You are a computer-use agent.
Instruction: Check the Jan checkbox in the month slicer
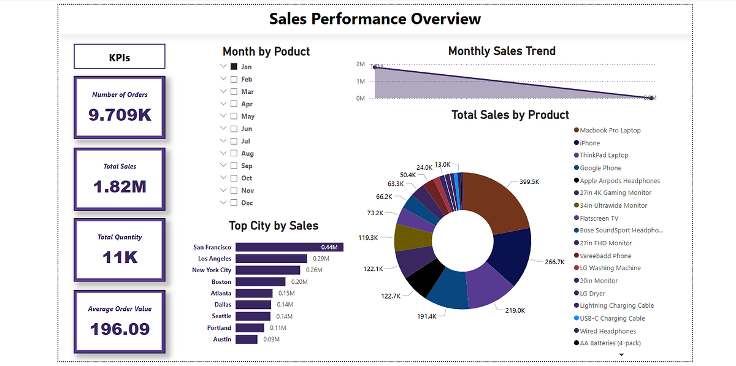pyautogui.click(x=234, y=67)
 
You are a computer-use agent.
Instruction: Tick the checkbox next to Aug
pyautogui.click(x=234, y=153)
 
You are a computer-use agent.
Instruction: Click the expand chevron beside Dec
pyautogui.click(x=223, y=203)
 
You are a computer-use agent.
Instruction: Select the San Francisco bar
pyautogui.click(x=289, y=247)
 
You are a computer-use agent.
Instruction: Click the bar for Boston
pyautogui.click(x=260, y=282)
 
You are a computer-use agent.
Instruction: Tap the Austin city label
pyautogui.click(x=222, y=339)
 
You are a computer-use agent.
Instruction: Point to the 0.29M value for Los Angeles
pyautogui.click(x=321, y=259)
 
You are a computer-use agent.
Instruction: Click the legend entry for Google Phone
pyautogui.click(x=600, y=168)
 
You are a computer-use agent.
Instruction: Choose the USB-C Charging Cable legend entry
pyautogui.click(x=612, y=318)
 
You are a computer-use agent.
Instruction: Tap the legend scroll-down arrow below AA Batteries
pyautogui.click(x=621, y=354)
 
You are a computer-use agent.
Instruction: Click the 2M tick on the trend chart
pyautogui.click(x=361, y=64)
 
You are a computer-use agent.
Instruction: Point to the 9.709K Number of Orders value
pyautogui.click(x=120, y=114)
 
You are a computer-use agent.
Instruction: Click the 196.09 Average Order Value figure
pyautogui.click(x=120, y=329)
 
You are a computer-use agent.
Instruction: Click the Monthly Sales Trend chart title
pyautogui.click(x=502, y=51)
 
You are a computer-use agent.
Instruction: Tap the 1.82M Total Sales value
pyautogui.click(x=120, y=186)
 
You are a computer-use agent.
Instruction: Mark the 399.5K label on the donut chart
pyautogui.click(x=529, y=182)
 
